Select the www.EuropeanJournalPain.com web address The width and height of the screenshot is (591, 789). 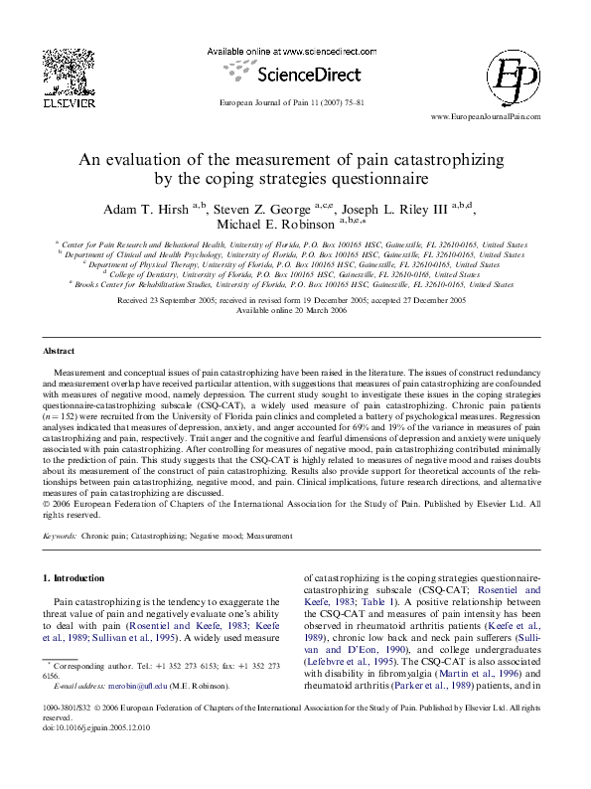485,116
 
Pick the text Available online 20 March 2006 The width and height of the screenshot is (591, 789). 295,311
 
